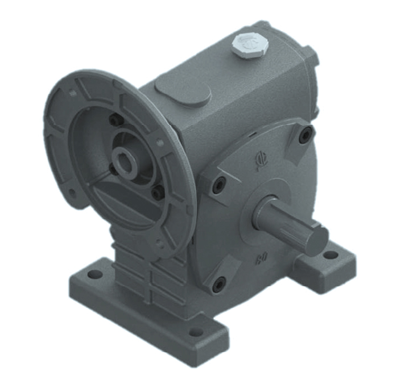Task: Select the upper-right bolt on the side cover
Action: click(306, 135)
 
